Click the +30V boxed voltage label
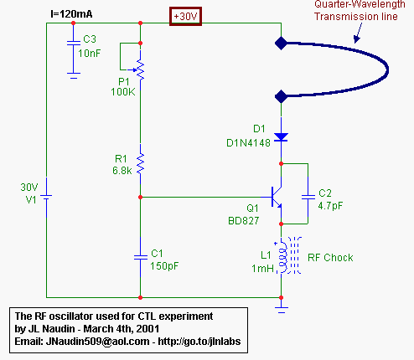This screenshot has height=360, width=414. pos(185,17)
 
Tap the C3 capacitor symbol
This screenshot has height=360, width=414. pos(74,43)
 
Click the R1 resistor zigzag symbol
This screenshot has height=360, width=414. pos(140,162)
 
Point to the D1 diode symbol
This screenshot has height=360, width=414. pos(281,137)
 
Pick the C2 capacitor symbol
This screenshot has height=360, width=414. pos(308,197)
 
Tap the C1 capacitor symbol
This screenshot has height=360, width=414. pos(141,257)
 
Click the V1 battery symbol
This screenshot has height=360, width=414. pos(46,197)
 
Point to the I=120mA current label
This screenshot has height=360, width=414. pos(71,14)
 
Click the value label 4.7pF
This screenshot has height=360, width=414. pos(330,206)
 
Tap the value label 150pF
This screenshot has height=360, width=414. pos(164,266)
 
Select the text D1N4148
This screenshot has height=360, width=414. pos(248,143)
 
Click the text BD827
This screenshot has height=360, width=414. pos(244,221)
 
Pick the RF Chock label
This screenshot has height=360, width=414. pos(330,258)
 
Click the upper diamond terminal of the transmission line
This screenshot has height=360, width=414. pos(281,44)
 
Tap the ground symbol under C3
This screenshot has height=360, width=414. pos(74,75)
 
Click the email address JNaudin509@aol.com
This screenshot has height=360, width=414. pos(97,342)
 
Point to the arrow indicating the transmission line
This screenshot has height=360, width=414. pos(358,33)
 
